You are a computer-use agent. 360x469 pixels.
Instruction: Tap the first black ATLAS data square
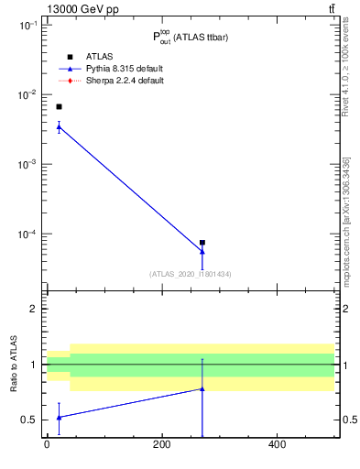point(59,107)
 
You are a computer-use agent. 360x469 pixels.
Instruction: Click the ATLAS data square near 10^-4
point(202,243)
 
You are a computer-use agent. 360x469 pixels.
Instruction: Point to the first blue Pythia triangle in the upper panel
point(59,127)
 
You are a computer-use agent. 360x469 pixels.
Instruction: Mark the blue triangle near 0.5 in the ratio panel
point(59,417)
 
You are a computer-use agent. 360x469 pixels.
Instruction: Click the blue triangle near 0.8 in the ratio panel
point(202,388)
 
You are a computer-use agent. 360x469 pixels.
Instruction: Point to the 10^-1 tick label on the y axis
point(27,26)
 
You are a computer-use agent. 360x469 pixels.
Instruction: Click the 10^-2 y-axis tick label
point(27,95)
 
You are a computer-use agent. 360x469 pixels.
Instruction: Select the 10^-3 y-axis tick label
point(27,165)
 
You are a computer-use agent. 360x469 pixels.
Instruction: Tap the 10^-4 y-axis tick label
point(27,234)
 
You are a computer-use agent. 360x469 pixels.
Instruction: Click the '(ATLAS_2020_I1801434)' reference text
point(191,274)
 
